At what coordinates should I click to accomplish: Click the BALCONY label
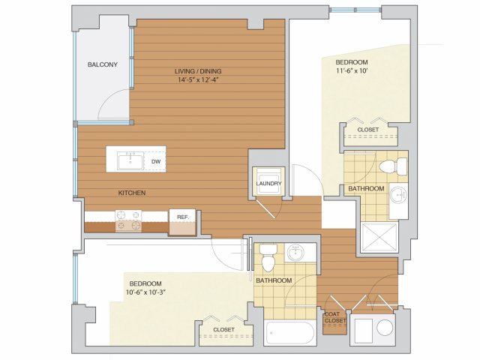(x=103, y=64)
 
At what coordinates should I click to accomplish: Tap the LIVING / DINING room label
(x=198, y=71)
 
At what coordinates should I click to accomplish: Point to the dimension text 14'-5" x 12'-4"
(x=198, y=80)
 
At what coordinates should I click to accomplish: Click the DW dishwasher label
(x=156, y=162)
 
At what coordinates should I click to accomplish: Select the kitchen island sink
(x=130, y=162)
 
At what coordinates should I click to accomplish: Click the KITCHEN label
(x=132, y=193)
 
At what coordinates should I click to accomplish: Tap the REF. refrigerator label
(x=183, y=217)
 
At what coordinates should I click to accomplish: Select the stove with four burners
(x=128, y=220)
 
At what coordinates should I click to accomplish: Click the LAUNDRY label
(x=268, y=184)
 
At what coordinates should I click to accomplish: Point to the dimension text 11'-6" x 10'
(x=352, y=71)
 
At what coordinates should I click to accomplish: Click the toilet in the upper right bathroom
(x=393, y=166)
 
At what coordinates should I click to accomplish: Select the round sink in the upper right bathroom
(x=399, y=194)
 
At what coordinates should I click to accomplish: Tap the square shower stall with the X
(x=379, y=238)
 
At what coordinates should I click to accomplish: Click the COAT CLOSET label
(x=335, y=317)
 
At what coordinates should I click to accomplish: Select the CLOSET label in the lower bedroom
(x=223, y=330)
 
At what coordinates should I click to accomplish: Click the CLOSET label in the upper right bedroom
(x=368, y=130)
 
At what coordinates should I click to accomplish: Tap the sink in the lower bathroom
(x=295, y=253)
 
